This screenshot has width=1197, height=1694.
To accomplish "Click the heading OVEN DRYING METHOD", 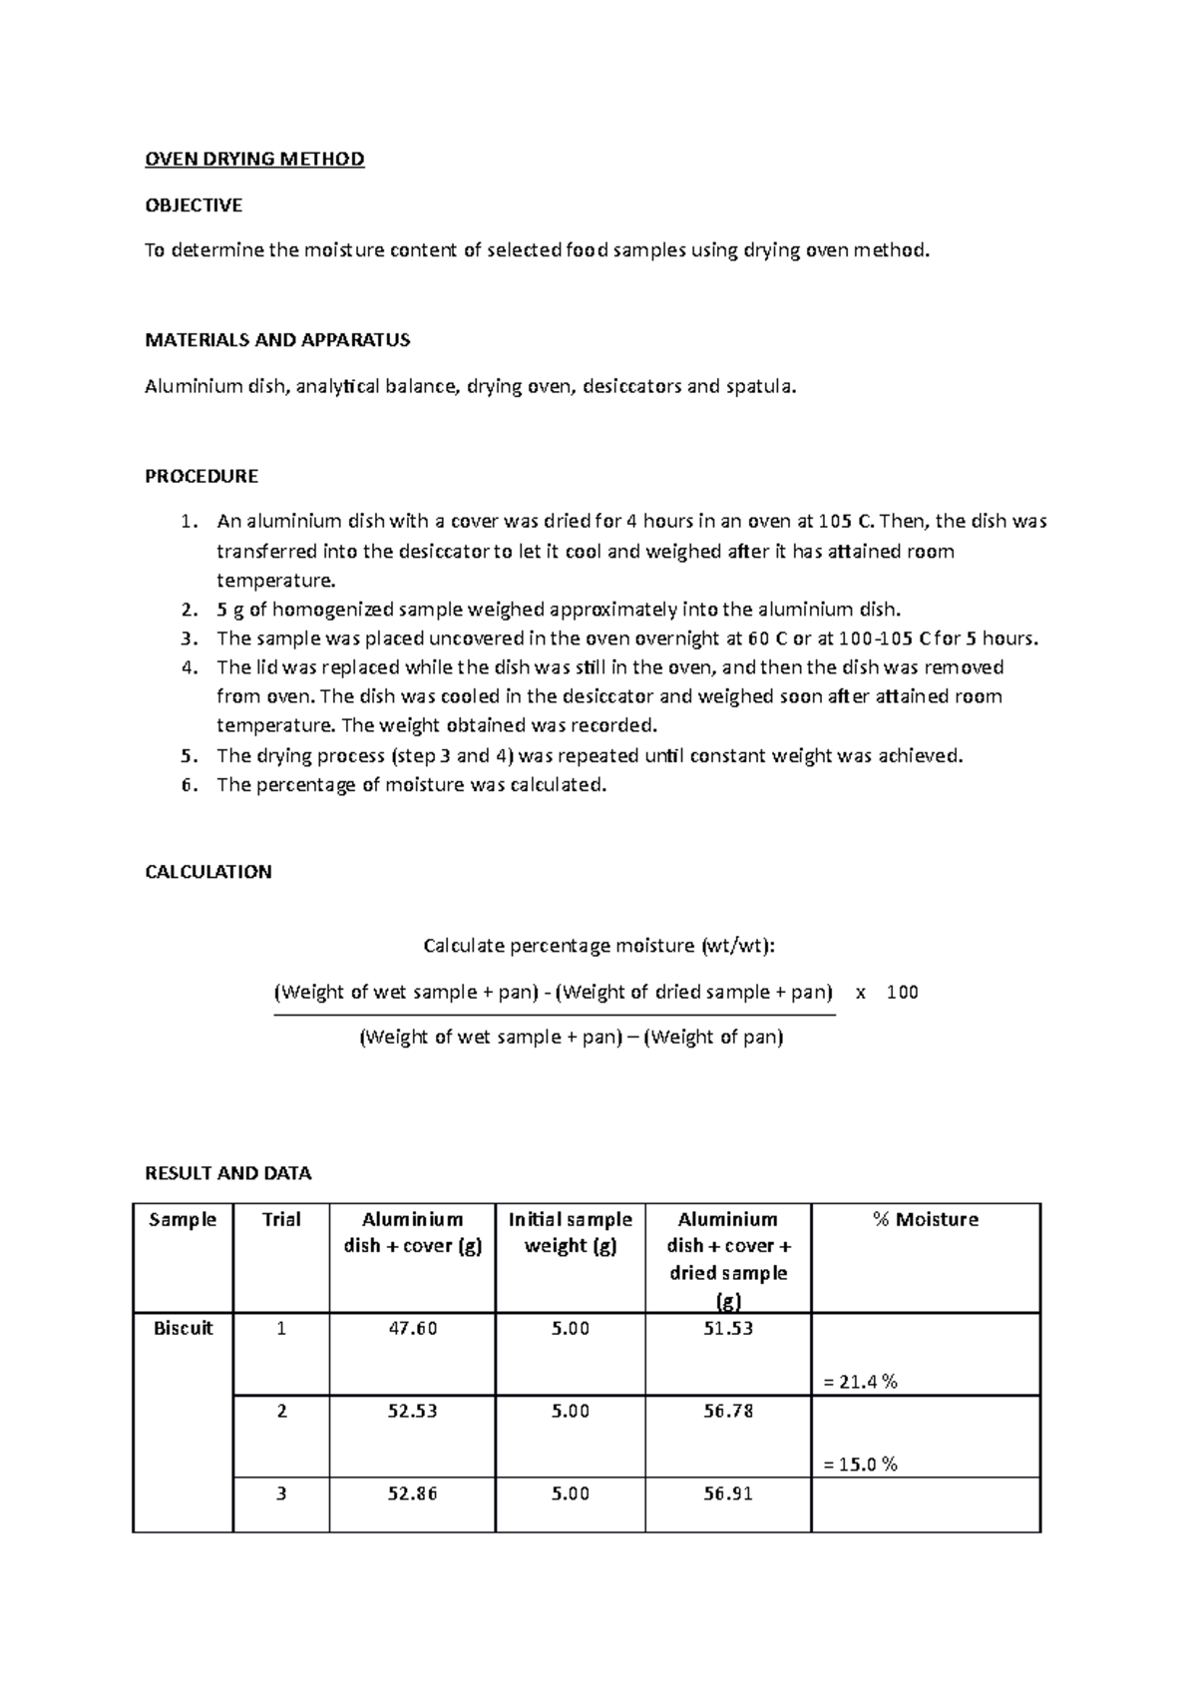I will tap(254, 160).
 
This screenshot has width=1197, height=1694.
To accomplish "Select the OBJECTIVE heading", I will tap(194, 206).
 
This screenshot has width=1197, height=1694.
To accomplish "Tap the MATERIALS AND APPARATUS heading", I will tap(277, 340).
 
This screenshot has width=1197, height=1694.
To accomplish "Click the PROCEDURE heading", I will tap(201, 476).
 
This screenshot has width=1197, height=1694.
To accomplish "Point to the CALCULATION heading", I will tap(207, 872).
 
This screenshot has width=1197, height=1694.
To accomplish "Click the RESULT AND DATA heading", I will tap(227, 1173).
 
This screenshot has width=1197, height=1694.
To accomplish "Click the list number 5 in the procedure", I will tap(190, 755).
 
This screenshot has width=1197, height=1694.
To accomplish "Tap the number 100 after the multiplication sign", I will tap(902, 993).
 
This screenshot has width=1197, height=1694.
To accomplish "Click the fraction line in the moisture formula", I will tap(555, 1015).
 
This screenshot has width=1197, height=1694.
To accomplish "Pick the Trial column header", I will tap(281, 1219).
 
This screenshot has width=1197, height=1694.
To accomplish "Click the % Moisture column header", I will tap(925, 1219).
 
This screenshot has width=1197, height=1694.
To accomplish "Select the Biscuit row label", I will tap(184, 1328).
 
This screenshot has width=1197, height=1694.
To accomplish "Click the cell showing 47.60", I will tap(412, 1328).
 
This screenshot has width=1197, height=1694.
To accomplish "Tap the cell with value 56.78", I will tap(728, 1411).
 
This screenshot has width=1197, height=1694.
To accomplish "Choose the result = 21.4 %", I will tap(860, 1382).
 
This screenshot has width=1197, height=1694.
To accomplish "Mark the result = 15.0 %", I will tap(860, 1465).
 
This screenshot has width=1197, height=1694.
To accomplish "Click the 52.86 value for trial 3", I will tap(412, 1493).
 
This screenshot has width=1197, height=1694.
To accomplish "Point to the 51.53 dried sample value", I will tap(728, 1328).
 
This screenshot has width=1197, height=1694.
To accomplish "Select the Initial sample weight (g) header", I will tap(570, 1232).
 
